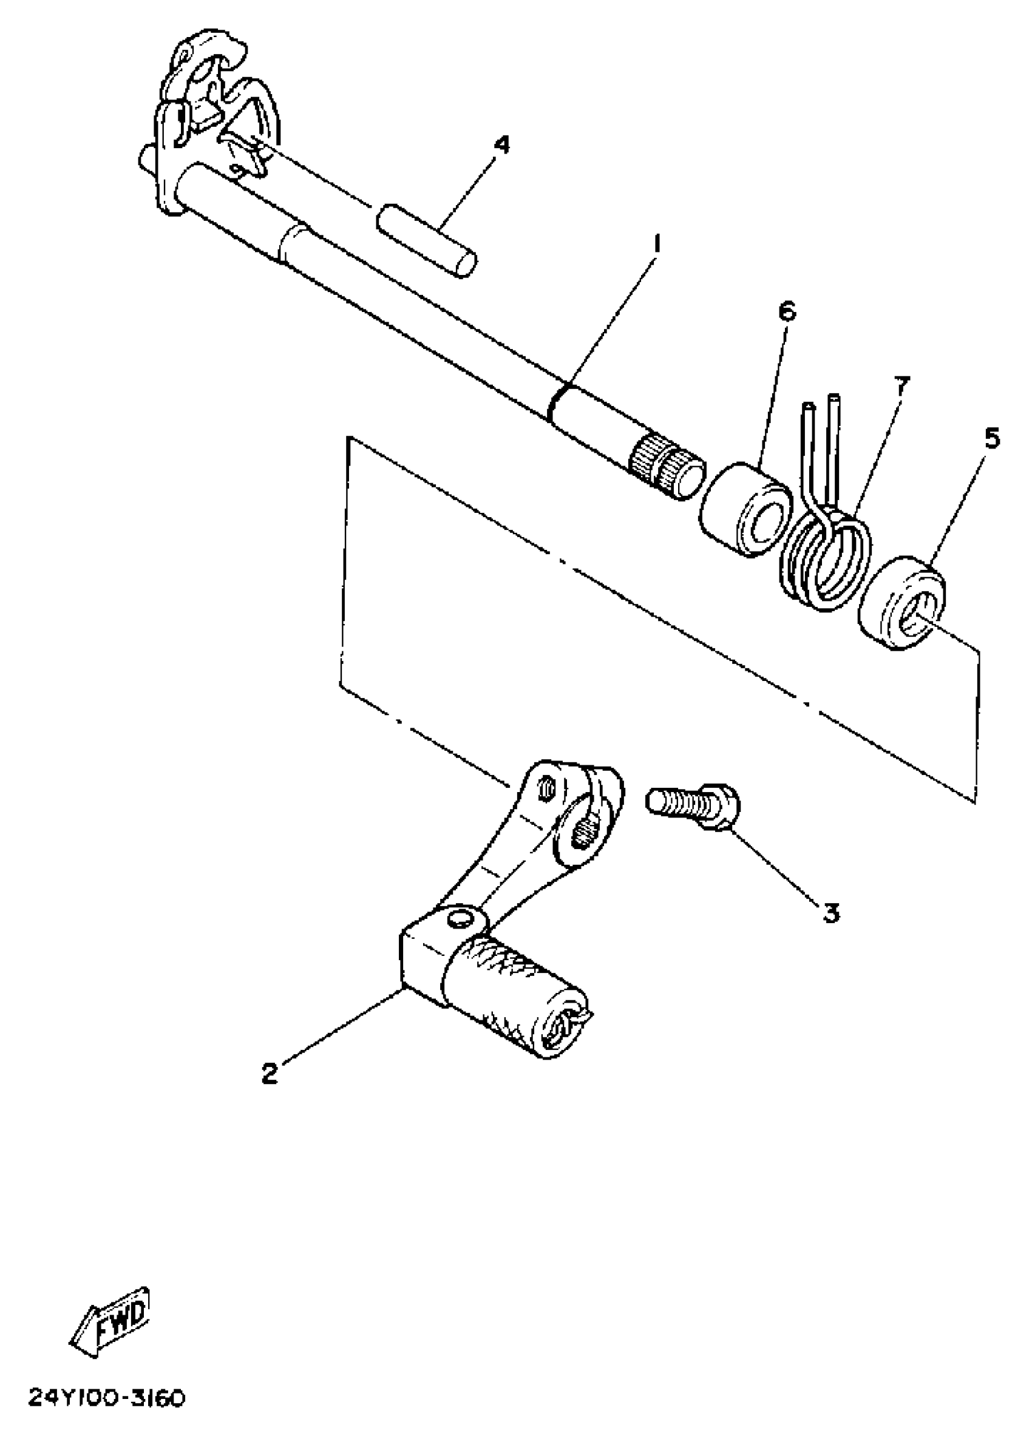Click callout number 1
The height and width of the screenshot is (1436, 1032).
657,243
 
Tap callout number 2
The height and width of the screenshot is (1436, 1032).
270,1072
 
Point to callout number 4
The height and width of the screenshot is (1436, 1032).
501,145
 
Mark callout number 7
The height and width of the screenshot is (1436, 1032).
901,385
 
